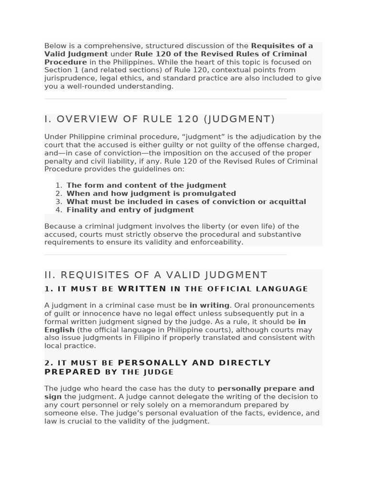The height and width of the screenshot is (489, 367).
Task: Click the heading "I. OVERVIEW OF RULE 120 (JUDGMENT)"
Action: pos(160,119)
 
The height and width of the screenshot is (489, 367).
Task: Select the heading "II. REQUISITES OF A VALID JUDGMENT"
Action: pos(156,275)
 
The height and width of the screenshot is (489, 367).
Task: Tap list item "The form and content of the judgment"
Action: pos(146,185)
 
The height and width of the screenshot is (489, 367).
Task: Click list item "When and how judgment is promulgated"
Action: pos(151,193)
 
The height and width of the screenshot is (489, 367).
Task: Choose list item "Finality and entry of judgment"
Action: pos(130,210)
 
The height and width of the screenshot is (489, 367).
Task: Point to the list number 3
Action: pos(58,202)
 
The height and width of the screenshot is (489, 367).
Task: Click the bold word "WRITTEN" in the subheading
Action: pos(142,289)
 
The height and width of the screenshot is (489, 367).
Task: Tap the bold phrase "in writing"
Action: pos(209,305)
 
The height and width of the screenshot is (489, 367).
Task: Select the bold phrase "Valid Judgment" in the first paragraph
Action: pos(76,54)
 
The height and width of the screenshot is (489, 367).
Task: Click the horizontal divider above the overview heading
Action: pos(165,99)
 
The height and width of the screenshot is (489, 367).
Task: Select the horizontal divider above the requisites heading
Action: pos(165,255)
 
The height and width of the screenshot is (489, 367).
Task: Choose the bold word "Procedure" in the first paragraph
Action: pos(65,62)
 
